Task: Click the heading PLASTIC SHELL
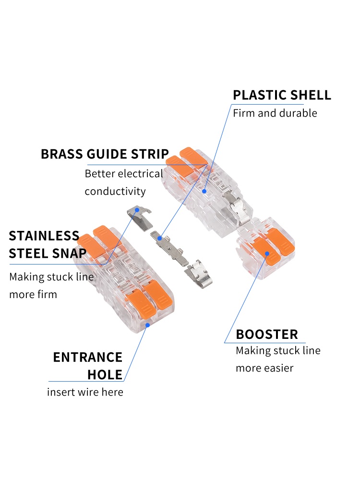282,95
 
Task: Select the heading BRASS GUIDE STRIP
105,154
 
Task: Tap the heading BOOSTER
267,334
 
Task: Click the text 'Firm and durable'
275,113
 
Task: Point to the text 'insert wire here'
85,392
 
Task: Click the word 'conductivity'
115,192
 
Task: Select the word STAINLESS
44,236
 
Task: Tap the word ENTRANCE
88,357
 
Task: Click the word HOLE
105,375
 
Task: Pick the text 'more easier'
264,368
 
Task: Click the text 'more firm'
33,295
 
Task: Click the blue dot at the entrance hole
147,325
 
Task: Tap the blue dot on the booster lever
267,254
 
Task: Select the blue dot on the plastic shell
204,192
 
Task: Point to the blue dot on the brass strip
159,238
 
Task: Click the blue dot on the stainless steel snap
137,210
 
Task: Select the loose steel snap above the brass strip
140,218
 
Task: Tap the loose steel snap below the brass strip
199,274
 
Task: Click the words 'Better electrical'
124,174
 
